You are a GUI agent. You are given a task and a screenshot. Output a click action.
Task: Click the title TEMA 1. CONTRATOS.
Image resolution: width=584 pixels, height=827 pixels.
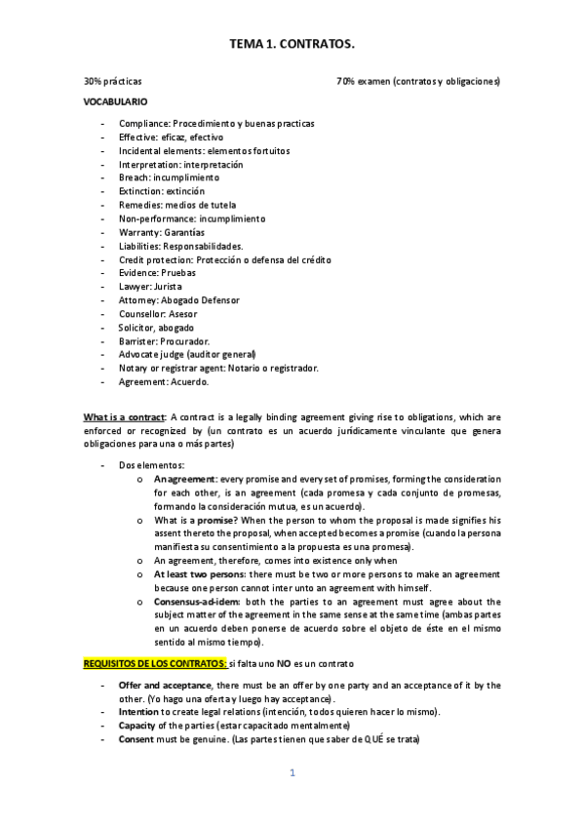click(x=292, y=44)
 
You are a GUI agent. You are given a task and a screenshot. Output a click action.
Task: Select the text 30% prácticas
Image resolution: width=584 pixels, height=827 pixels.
click(x=112, y=81)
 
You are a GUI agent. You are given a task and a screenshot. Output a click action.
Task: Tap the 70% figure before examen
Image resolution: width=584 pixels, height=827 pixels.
click(x=346, y=81)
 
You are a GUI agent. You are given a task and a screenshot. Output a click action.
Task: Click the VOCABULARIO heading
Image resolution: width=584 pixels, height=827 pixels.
click(x=116, y=101)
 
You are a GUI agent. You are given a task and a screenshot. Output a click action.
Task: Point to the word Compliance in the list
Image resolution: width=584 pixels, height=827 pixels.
click(x=143, y=124)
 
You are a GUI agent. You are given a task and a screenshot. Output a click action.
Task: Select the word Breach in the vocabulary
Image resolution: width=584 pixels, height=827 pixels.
click(x=135, y=178)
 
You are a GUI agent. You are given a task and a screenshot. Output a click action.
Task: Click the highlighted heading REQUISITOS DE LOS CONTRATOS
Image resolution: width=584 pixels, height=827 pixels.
click(x=155, y=664)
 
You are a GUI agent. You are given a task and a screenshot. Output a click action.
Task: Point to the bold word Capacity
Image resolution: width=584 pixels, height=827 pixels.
click(x=139, y=727)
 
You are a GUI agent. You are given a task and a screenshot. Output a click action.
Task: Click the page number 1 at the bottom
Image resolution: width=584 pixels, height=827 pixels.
click(x=292, y=773)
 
